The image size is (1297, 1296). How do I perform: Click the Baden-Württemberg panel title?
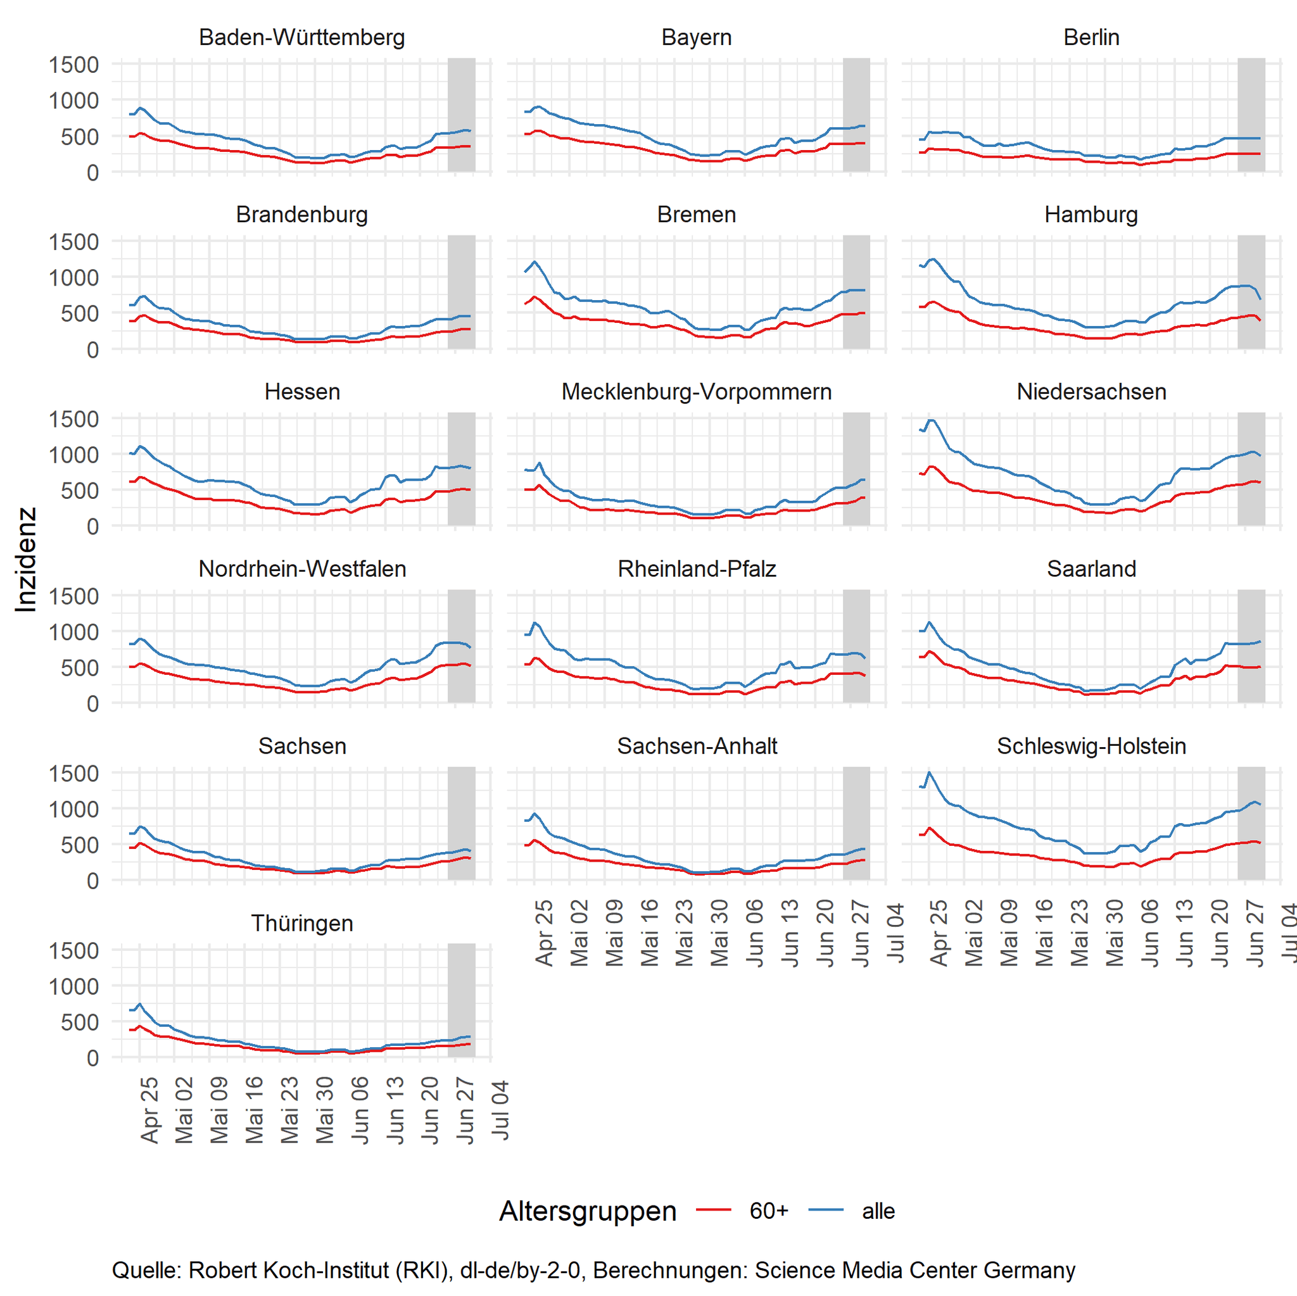point(301,37)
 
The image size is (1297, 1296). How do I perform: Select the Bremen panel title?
point(696,214)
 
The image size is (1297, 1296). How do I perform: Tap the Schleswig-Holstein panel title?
point(1091,746)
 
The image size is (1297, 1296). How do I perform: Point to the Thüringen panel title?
point(301,923)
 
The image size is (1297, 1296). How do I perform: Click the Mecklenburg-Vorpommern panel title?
point(696,391)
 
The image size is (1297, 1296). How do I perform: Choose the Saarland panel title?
point(1091,569)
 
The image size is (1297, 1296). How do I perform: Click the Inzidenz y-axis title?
point(25,559)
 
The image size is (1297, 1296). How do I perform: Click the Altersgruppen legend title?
point(588,1211)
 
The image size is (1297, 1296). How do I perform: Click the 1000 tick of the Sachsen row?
point(74,808)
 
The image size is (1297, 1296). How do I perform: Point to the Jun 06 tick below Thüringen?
point(360,1109)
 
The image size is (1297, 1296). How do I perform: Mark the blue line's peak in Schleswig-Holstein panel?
point(929,772)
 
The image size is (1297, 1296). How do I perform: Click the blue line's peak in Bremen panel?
point(535,261)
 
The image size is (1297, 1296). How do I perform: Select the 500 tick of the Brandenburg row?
point(79,313)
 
